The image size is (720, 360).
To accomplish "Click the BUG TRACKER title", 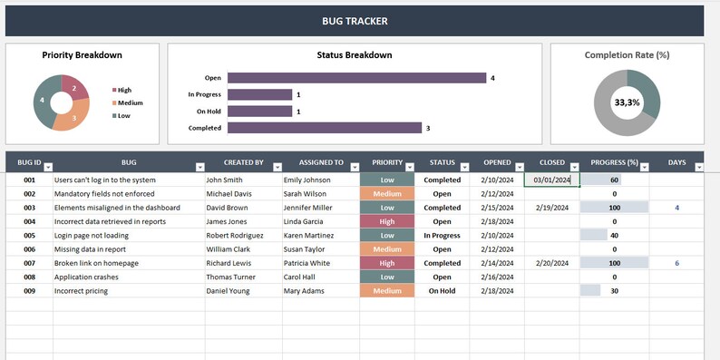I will [354, 20].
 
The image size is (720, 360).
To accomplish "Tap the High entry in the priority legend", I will [123, 90].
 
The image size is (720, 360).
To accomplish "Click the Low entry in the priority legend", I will [123, 116].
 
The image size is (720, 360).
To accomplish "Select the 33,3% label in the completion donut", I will [627, 102].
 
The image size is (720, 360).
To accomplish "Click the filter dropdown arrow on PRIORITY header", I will [409, 167].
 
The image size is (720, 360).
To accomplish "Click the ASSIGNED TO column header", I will [321, 163].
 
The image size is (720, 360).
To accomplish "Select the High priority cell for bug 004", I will [387, 221].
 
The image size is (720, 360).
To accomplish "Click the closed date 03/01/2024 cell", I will [551, 180].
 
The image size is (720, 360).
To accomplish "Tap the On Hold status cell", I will [442, 291].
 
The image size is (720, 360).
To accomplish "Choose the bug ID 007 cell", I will [29, 263].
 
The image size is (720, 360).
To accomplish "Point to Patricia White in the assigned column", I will [307, 263].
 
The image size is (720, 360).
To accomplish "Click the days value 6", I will [676, 263].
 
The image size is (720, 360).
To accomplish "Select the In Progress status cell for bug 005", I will [442, 236].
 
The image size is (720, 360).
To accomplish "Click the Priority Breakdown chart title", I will [83, 55].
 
